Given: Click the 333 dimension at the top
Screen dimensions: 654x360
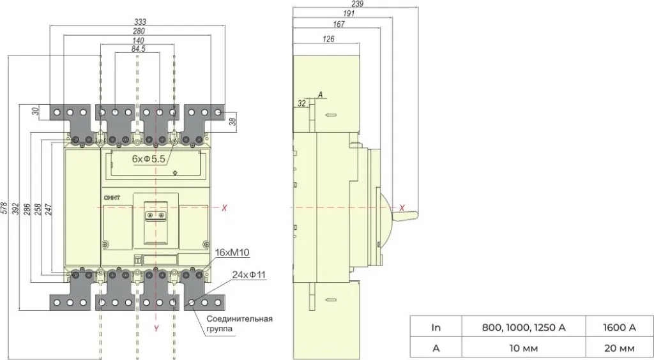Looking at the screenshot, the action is click(140, 22).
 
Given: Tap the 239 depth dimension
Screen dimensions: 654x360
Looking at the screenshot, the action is click(358, 4).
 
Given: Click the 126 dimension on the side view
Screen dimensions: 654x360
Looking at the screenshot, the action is click(329, 39).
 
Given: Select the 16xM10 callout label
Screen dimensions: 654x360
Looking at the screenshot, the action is click(232, 252).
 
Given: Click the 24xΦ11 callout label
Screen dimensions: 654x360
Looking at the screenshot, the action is click(249, 274).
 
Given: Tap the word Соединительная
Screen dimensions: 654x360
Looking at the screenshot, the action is click(240, 319).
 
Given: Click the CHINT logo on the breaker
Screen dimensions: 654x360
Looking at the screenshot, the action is click(111, 198).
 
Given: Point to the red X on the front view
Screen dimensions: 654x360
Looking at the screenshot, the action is click(224, 207).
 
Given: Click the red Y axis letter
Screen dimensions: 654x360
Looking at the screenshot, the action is click(156, 328).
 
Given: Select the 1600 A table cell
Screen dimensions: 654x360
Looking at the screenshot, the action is click(620, 328).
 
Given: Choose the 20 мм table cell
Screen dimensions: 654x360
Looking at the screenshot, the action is click(620, 348).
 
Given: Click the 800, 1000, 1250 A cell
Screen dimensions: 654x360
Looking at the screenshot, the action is click(524, 328).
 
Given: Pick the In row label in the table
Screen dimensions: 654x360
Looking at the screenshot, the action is click(436, 328).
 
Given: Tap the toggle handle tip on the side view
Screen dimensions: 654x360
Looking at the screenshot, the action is click(416, 215).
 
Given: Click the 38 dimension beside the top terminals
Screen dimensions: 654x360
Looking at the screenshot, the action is click(233, 122).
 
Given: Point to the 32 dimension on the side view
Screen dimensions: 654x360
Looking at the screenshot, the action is click(302, 103).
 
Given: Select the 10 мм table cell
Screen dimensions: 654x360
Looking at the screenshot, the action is click(524, 348).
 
